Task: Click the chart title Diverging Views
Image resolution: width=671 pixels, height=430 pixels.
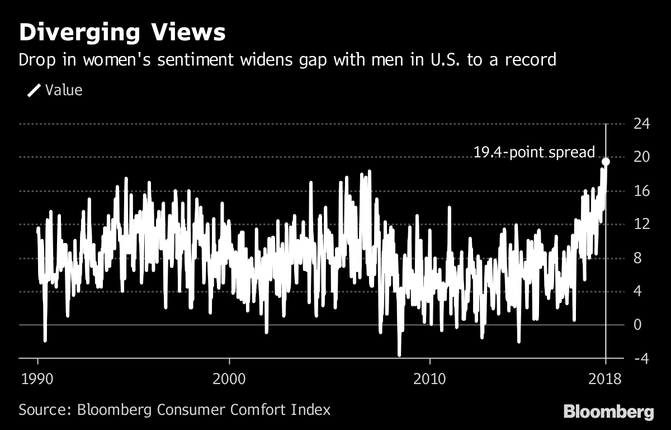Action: (122, 33)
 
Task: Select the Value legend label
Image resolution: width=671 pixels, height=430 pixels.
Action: (64, 90)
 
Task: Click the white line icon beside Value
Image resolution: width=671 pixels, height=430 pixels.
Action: (34, 90)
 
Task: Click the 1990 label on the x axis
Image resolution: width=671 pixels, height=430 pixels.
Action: (37, 379)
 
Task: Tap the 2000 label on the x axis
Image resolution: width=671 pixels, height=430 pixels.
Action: (229, 379)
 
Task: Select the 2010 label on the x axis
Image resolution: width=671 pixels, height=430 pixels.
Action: (429, 379)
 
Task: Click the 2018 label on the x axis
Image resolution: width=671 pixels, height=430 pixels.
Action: (606, 379)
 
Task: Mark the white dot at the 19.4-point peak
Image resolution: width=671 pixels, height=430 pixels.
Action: (606, 161)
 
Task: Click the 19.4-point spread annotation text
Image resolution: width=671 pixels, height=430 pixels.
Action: (533, 152)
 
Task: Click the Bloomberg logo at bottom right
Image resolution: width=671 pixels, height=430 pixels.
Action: (608, 413)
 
